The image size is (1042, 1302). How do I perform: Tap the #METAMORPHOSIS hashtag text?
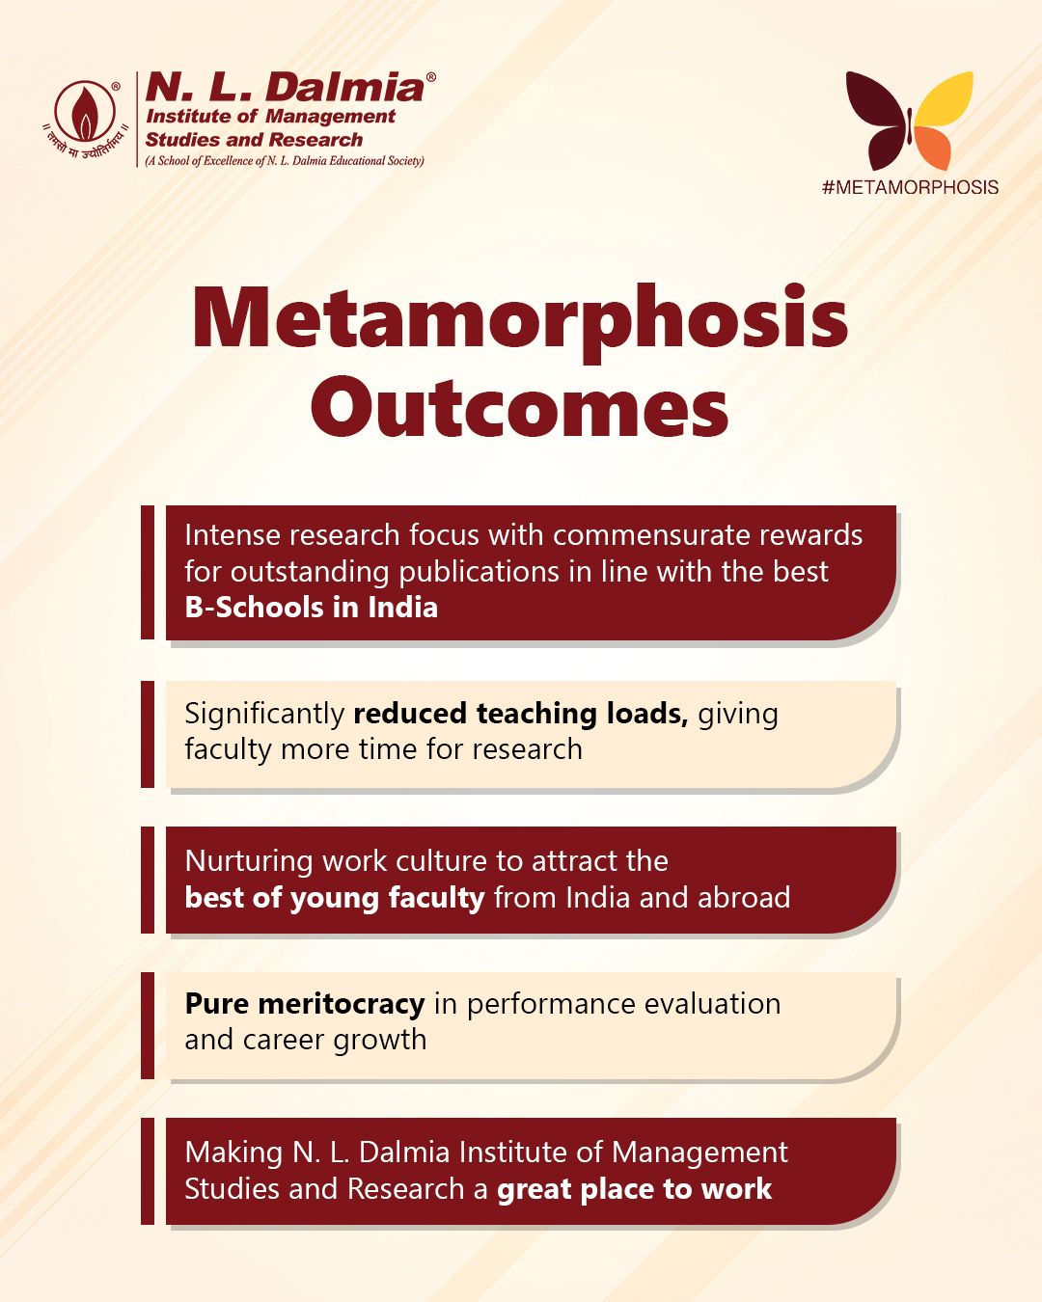tap(910, 187)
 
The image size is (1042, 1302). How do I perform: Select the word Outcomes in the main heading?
tap(519, 409)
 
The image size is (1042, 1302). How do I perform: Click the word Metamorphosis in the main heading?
tap(520, 319)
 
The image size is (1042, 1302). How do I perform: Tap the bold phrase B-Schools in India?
tap(311, 608)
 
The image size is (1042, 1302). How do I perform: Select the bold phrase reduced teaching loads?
tap(520, 714)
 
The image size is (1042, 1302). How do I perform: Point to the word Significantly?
tap(263, 714)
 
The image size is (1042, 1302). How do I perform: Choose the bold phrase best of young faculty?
tap(334, 898)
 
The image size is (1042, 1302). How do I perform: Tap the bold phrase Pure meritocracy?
tap(304, 1004)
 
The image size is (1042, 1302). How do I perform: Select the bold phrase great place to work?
tap(634, 1189)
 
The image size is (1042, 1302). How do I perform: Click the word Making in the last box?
tap(233, 1153)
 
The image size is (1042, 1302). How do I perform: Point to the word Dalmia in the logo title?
tap(344, 88)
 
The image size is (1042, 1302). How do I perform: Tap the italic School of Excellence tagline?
tap(285, 161)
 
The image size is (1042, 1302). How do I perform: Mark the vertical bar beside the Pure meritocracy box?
tap(148, 1024)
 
